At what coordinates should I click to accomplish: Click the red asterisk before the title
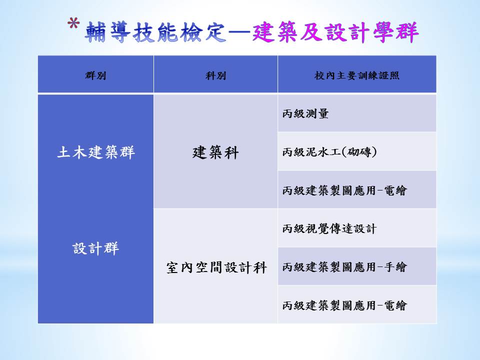click(x=73, y=24)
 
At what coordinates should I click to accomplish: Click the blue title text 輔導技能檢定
click(x=155, y=32)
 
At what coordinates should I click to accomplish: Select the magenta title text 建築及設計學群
click(x=335, y=32)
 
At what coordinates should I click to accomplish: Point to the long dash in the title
click(x=239, y=32)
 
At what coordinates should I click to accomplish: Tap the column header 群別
click(x=95, y=75)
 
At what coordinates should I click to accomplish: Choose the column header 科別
click(x=216, y=75)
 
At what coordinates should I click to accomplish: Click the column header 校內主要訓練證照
click(x=357, y=75)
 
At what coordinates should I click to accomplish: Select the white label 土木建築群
click(x=96, y=152)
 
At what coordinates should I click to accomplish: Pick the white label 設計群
click(x=96, y=248)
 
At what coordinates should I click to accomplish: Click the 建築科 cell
click(x=215, y=152)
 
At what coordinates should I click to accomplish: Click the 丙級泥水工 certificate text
click(x=311, y=152)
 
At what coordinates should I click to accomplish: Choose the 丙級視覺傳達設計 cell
click(x=329, y=228)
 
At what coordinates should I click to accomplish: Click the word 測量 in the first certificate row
click(x=317, y=113)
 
